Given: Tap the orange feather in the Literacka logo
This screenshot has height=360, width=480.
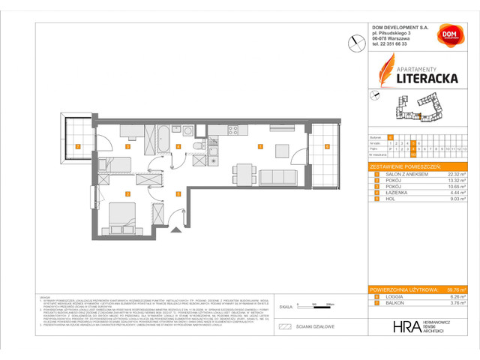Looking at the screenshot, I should (x=385, y=72).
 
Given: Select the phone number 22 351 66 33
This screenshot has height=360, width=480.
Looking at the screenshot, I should (x=397, y=44).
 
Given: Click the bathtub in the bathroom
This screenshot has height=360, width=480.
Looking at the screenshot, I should (x=162, y=134).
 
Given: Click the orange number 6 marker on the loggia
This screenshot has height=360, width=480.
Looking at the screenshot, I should (x=327, y=147).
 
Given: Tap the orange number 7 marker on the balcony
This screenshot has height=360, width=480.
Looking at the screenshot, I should (x=77, y=147).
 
